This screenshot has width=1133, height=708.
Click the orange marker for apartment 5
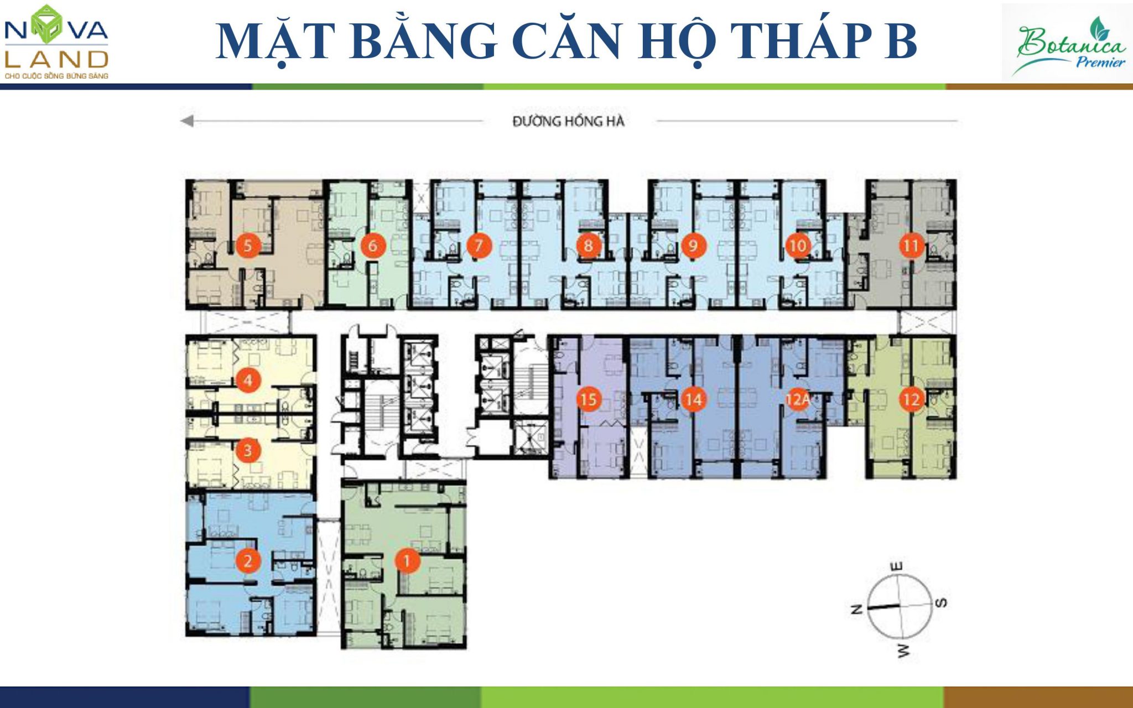[x=248, y=246]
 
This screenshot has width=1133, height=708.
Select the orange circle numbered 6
[x=372, y=246]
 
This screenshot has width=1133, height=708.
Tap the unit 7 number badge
[x=479, y=246]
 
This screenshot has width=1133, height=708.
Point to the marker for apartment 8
[x=588, y=246]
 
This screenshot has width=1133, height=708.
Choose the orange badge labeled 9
[x=693, y=246]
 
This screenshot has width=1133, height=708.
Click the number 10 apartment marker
[x=798, y=246]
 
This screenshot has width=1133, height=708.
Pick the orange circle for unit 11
[x=911, y=246]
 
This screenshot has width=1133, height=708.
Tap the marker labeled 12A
[x=798, y=399]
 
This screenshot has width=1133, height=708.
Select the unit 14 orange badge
[x=693, y=399]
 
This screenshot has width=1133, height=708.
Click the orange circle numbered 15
[x=589, y=399]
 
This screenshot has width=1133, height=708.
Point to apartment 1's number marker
[x=407, y=561]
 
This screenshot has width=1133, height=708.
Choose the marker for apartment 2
[x=248, y=561]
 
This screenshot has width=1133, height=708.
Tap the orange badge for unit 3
[x=248, y=450]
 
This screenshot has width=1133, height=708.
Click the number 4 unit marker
[x=248, y=380]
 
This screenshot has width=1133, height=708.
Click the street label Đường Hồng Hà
[x=568, y=121]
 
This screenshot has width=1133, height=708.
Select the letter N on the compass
[x=856, y=610]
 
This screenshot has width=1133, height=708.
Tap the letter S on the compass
[x=941, y=602]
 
